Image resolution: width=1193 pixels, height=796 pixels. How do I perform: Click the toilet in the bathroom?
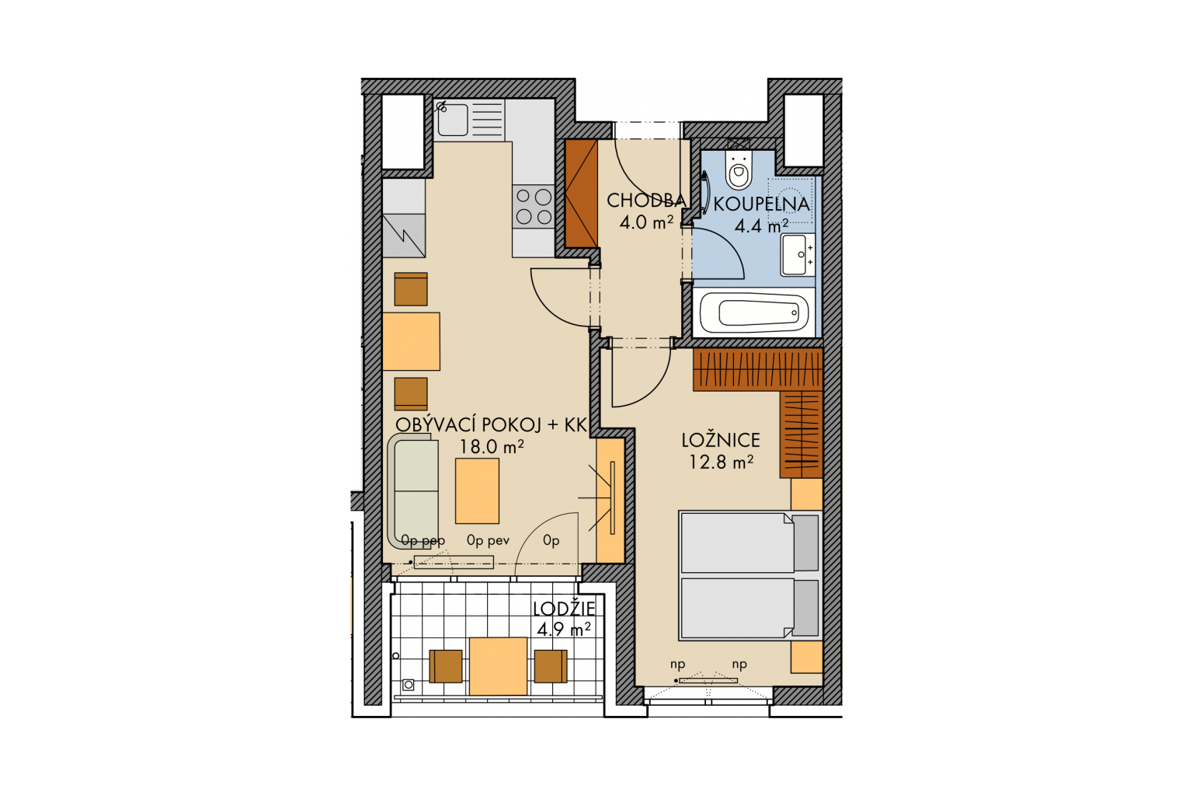point(739,169)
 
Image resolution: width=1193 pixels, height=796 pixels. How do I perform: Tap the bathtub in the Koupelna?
point(753,312)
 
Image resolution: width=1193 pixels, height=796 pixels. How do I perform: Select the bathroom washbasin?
point(798,255)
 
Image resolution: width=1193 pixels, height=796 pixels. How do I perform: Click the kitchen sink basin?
point(453,120)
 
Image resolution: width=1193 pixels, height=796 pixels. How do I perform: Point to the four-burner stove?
point(534,206)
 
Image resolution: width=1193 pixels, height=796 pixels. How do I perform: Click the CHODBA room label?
point(646,201)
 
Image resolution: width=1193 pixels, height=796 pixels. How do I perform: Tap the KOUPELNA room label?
point(761,204)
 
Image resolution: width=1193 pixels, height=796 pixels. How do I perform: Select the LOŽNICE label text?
point(721,440)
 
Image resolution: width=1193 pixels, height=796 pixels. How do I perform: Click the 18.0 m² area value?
point(491,447)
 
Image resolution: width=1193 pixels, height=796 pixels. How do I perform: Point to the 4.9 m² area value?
point(563,630)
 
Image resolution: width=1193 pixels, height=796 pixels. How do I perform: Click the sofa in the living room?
point(413,491)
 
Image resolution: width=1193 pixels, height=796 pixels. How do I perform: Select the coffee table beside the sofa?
point(477,491)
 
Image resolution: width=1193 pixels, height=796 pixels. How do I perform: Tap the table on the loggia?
point(498,666)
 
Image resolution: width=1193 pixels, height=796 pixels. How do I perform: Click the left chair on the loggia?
point(446,666)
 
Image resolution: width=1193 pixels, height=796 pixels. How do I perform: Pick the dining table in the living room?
point(411,341)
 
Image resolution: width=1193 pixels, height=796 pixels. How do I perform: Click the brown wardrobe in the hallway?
point(581,194)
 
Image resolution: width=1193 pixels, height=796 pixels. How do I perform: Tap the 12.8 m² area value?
point(721,462)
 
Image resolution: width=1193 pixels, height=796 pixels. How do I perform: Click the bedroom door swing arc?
point(655,393)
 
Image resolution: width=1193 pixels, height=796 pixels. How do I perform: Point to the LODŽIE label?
point(564,609)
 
